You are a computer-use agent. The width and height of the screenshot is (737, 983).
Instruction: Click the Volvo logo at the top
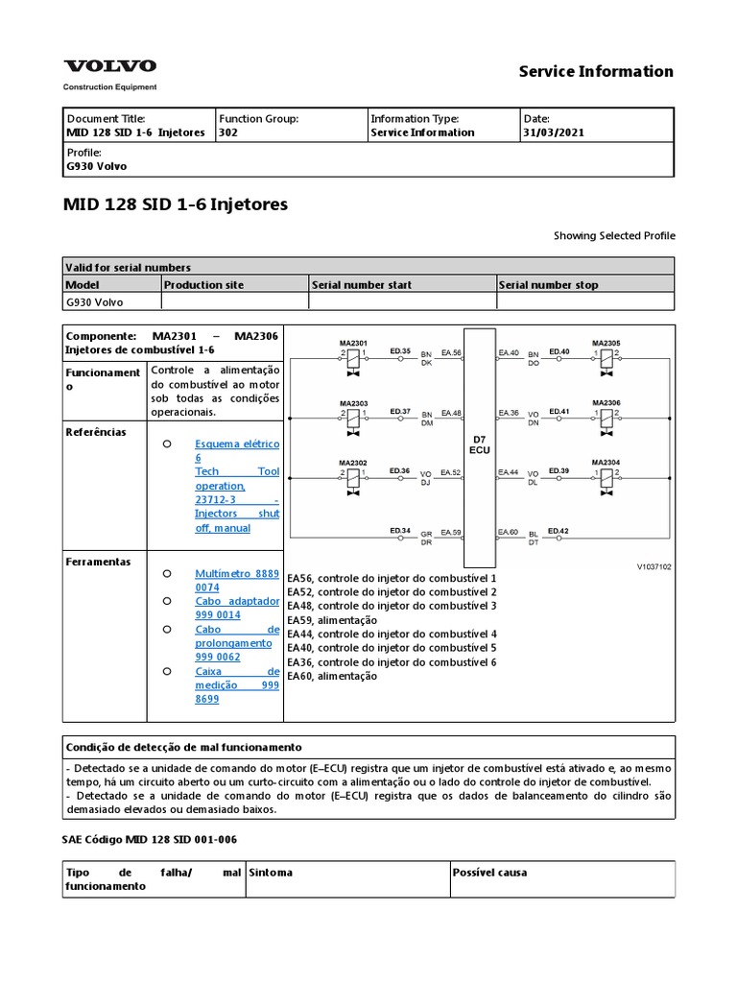pos(109,66)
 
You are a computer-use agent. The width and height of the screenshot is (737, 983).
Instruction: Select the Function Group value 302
pos(228,132)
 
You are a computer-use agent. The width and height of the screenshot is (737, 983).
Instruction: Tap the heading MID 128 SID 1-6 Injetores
pos(176,204)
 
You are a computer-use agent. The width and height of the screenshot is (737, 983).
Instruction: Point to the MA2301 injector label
pos(352,343)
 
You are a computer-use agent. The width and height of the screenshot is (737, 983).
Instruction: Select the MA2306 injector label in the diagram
pos(606,402)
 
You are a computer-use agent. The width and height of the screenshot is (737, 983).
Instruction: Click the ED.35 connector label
pos(400,351)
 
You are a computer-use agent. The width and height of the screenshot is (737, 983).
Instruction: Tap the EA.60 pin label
pos(508,532)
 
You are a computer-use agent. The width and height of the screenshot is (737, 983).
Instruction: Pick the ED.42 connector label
pos(559,531)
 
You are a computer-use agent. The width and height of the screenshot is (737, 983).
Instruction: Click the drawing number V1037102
pos(654,566)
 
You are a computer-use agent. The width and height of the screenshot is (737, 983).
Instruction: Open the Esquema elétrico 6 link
pos(237,451)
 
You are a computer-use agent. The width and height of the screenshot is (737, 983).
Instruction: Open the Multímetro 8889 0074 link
pos(237,580)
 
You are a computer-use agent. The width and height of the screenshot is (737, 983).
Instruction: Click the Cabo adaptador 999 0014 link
pos(237,608)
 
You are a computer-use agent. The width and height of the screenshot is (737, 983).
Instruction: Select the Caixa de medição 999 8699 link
pos(237,685)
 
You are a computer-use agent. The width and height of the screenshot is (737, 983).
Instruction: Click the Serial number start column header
pos(361,285)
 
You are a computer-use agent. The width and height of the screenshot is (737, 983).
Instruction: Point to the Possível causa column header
pos(488,873)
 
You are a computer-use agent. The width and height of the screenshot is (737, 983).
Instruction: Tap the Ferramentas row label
pos(99,562)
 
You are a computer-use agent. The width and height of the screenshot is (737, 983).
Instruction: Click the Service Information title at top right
pos(596,71)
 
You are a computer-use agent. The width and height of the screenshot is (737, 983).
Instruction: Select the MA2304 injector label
pos(606,462)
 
